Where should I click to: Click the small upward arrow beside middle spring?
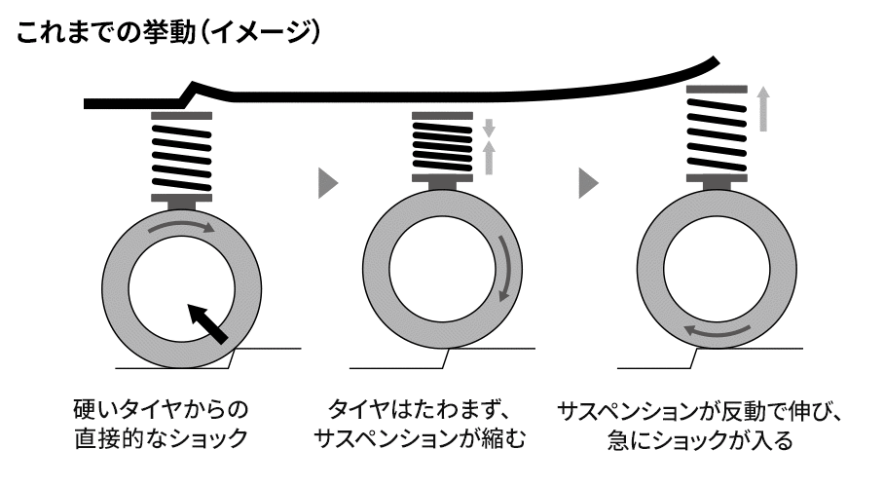(490, 155)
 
